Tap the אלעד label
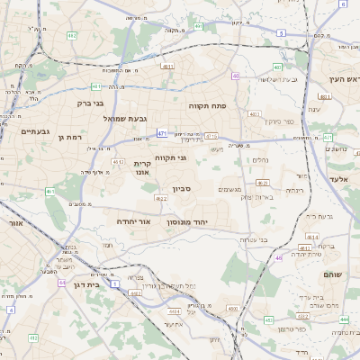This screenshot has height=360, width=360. (346, 180)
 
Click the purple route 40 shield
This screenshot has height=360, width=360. (236, 76)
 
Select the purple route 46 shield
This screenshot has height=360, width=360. (279, 257)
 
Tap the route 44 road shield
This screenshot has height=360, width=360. (61, 283)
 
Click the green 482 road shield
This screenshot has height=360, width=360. (70, 36)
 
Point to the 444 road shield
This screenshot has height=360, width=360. (345, 319)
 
